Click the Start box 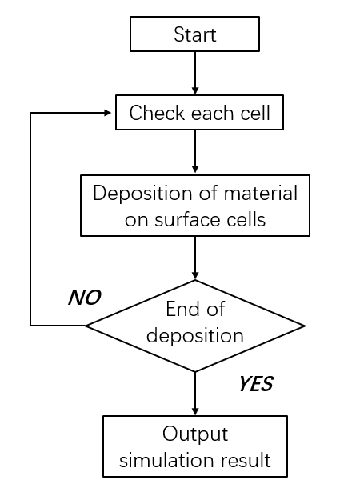(x=194, y=34)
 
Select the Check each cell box (x=199, y=112)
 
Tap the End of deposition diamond (x=195, y=326)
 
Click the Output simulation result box (x=195, y=446)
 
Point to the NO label (x=85, y=298)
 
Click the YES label (x=256, y=384)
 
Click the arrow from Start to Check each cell (x=195, y=73)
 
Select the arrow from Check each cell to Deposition (x=195, y=151)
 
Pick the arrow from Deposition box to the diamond (x=195, y=258)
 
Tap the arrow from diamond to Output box (x=195, y=394)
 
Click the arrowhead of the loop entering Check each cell (x=108, y=113)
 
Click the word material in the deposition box (x=261, y=193)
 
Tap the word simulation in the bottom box (x=166, y=460)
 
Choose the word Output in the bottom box (x=195, y=434)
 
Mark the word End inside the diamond (x=178, y=309)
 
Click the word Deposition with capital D (x=142, y=194)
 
